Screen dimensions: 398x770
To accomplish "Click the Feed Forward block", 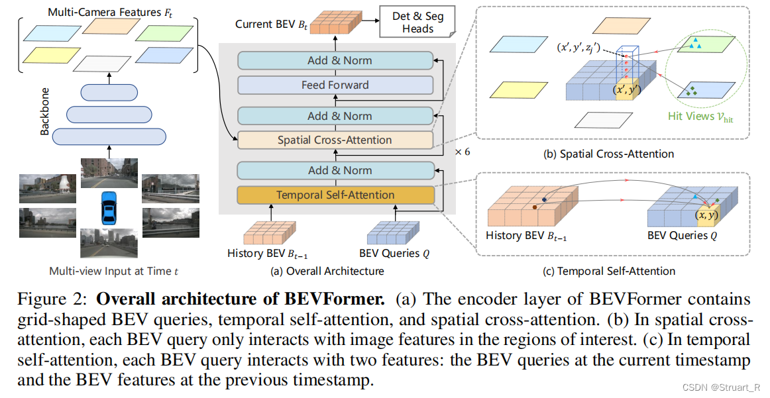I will click(x=335, y=85).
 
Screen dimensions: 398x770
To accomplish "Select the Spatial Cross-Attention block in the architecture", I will click(x=335, y=140).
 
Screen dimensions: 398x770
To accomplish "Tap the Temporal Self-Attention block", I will click(x=335, y=195).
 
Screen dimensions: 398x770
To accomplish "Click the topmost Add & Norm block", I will click(x=335, y=60).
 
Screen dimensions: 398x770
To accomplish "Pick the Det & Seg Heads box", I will click(x=417, y=23).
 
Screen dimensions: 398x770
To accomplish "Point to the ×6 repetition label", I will click(x=462, y=151).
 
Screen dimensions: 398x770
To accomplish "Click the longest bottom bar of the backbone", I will click(x=108, y=136).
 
